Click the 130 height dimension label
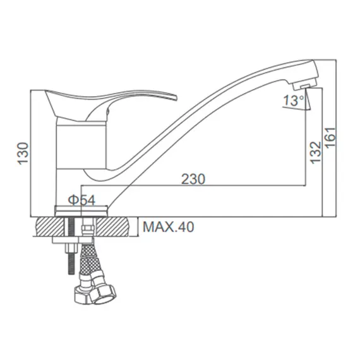point(23,153)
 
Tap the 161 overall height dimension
point(331,138)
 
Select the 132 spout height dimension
point(316,152)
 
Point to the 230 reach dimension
point(193,179)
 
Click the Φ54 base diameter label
point(81,200)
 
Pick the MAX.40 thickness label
point(168,227)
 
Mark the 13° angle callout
point(293,100)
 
